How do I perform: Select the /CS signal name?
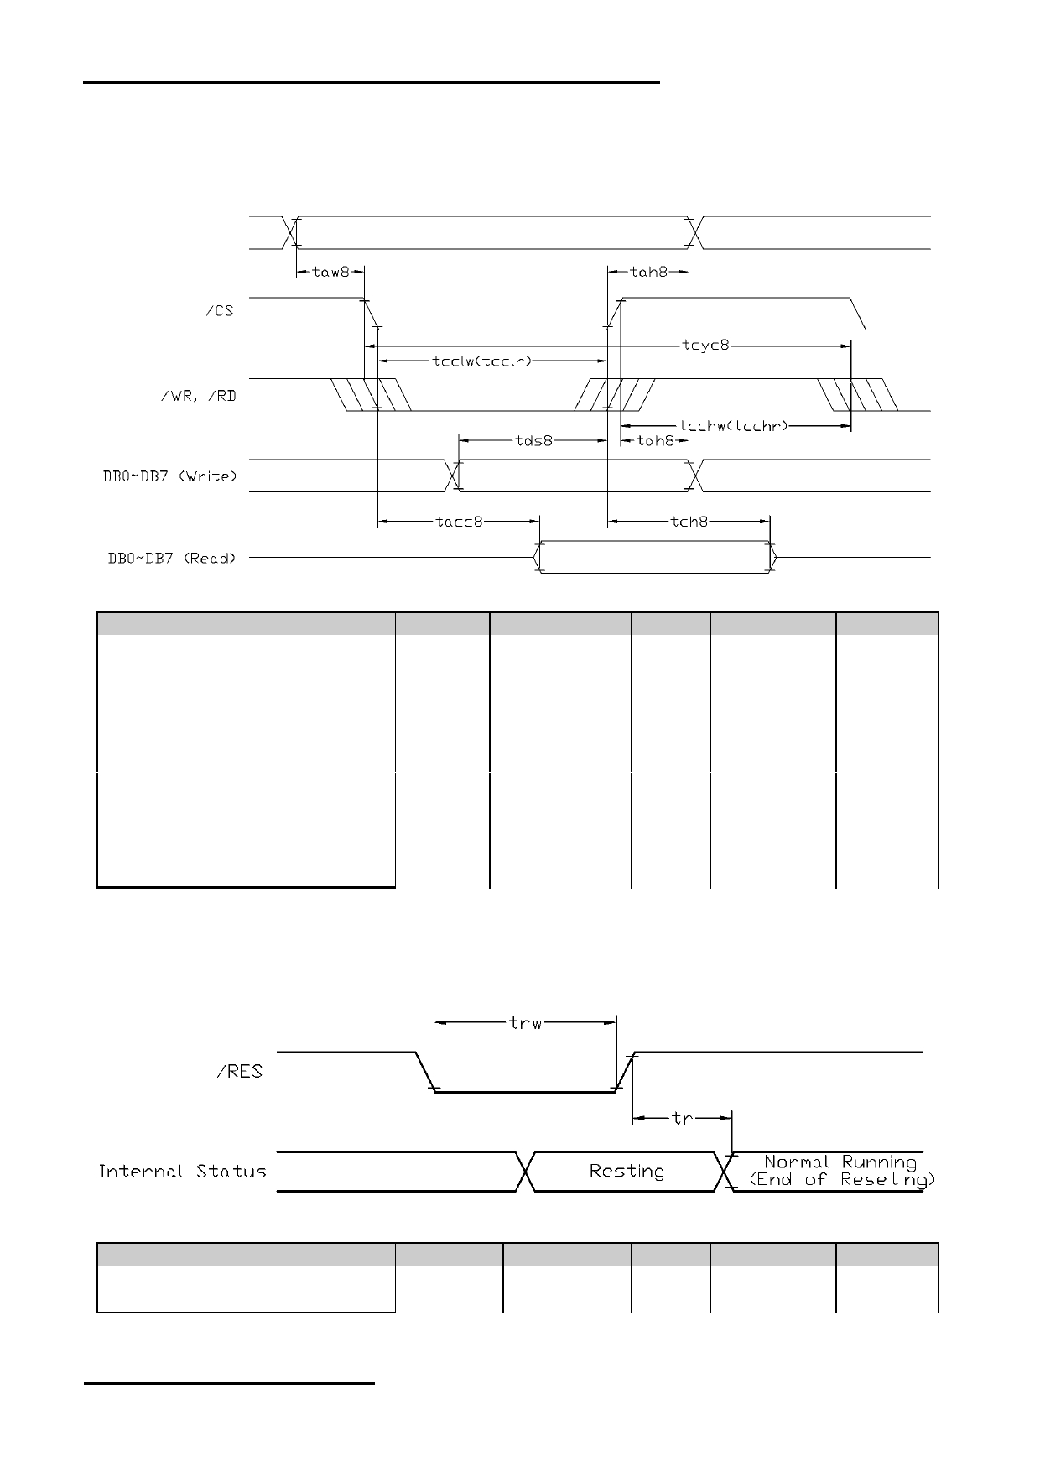coord(220,312)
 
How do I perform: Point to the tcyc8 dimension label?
coord(705,346)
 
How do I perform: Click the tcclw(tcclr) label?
coord(482,361)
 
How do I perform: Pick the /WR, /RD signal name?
coord(198,394)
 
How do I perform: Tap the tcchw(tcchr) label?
coord(734,426)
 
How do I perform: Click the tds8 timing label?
coord(533,440)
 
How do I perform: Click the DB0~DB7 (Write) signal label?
coord(164,476)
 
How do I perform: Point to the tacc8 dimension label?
coord(460,522)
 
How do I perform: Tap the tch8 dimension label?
coord(689,522)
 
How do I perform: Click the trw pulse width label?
coord(526,1022)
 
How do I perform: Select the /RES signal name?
coord(240,1071)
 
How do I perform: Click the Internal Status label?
coord(182,1171)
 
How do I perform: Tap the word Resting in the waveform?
coord(627,1172)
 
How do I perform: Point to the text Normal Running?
coord(840,1162)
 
